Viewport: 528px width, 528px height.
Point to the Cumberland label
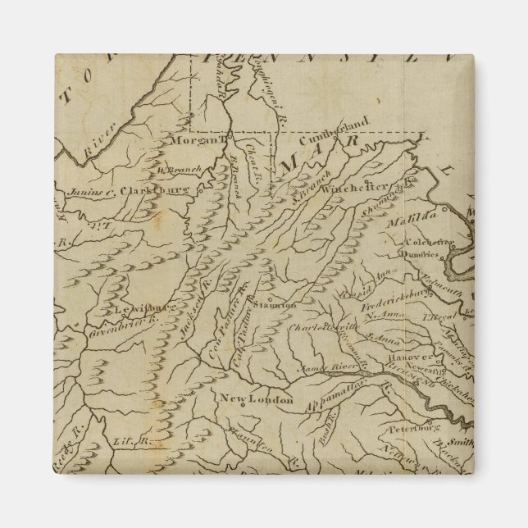coord(339,130)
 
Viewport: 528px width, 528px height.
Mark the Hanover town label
coord(410,357)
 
